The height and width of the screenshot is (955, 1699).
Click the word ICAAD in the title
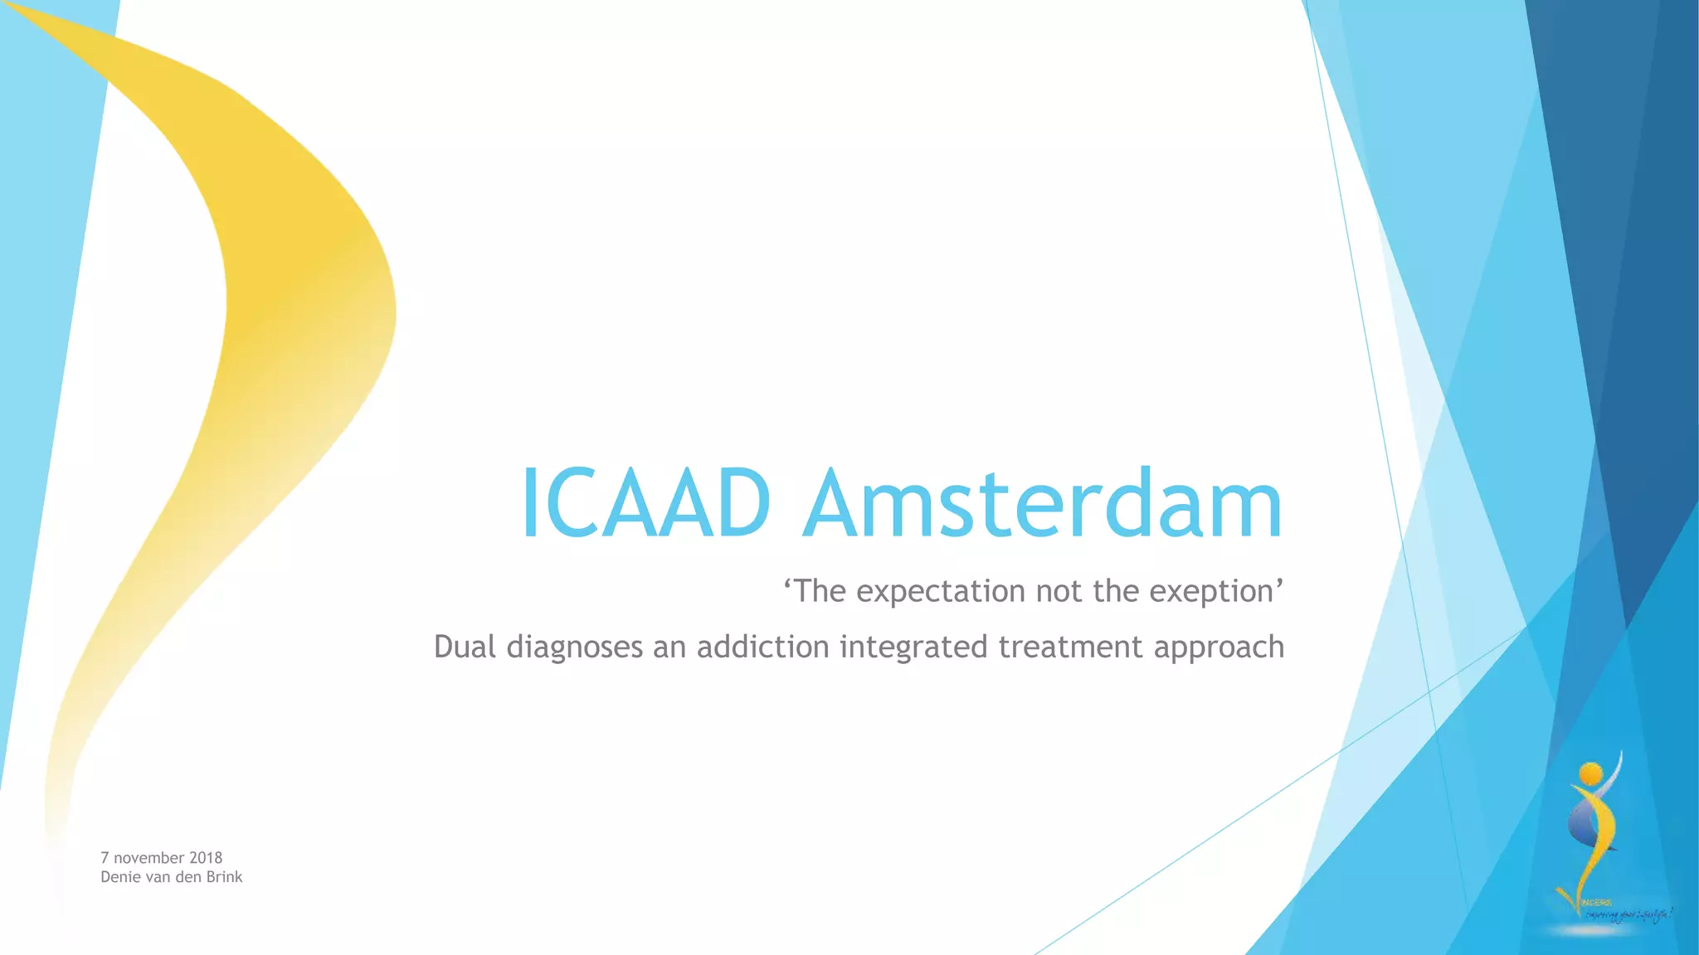(x=645, y=504)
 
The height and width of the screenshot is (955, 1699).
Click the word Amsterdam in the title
(x=1043, y=504)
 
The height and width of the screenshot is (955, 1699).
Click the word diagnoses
(x=574, y=647)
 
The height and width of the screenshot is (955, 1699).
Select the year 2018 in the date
(x=206, y=858)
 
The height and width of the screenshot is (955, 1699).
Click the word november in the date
(x=149, y=858)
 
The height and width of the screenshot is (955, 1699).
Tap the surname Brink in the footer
(x=224, y=877)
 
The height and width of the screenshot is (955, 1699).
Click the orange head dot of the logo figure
(x=1590, y=774)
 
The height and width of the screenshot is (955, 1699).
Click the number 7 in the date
(x=105, y=858)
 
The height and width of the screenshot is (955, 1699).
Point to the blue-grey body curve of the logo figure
(x=1579, y=821)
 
